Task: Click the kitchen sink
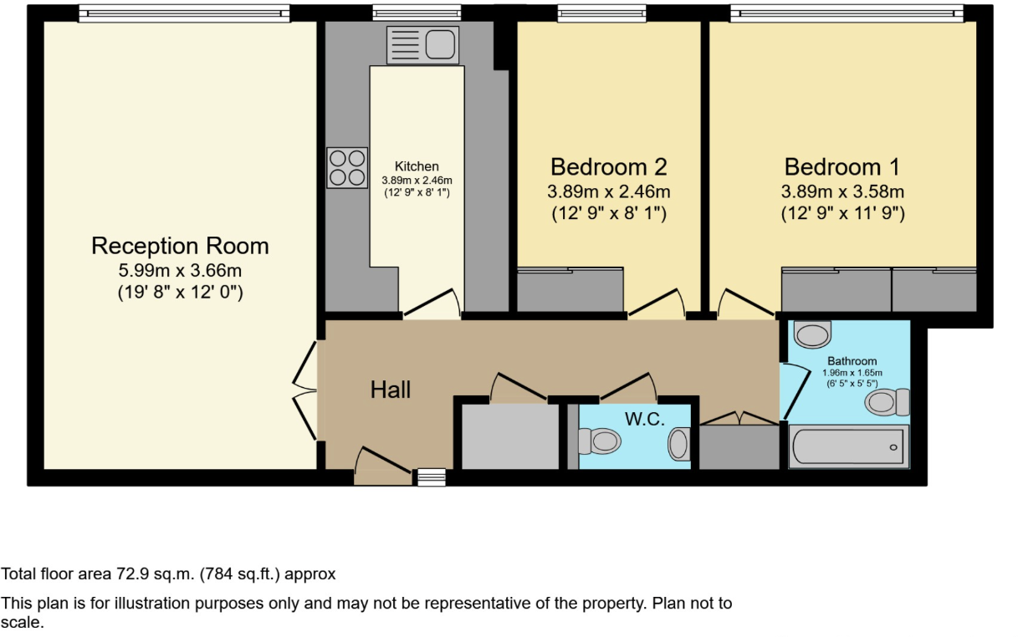point(422,45)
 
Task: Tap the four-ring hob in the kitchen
point(347,167)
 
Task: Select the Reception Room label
point(180,246)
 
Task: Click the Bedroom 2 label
point(608,166)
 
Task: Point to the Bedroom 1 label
point(842,166)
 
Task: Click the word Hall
point(391,390)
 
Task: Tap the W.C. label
point(645,419)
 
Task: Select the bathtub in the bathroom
point(848,446)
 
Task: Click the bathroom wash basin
point(812,334)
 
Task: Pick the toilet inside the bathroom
point(888,402)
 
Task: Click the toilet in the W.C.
point(600,441)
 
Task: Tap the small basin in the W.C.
point(679,444)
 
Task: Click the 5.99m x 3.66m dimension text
point(180,271)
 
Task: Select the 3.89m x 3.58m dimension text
point(842,191)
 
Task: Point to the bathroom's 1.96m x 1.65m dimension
point(852,373)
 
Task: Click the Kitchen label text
point(417,166)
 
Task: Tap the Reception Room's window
point(184,13)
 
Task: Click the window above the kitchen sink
point(417,13)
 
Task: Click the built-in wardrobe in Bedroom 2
point(570,290)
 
